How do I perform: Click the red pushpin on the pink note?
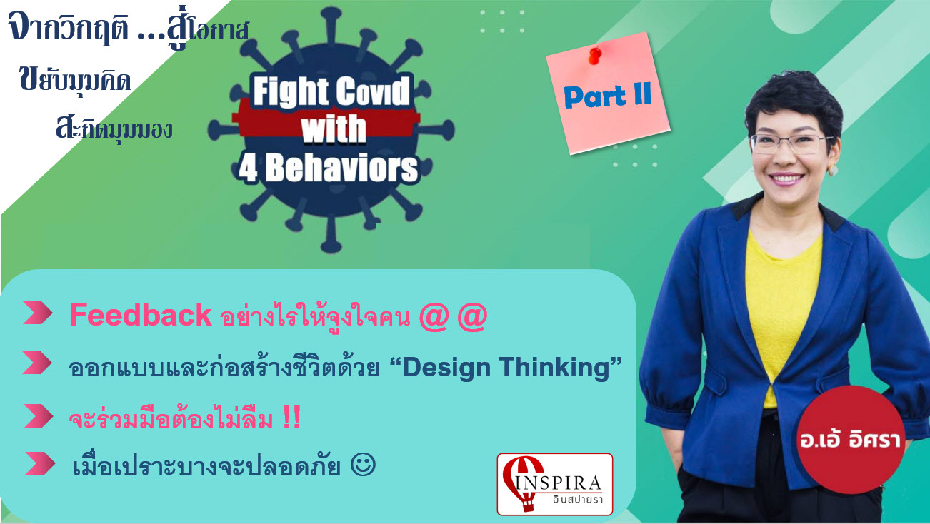click(x=595, y=56)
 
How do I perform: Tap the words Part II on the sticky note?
click(x=607, y=96)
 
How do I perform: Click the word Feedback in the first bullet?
click(x=141, y=315)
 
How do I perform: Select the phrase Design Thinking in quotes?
click(x=506, y=367)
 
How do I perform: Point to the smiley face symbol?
click(x=364, y=465)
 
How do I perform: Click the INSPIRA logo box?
click(x=555, y=484)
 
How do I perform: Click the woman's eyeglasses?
click(x=790, y=144)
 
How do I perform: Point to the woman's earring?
click(x=833, y=170)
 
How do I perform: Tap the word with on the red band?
click(x=334, y=129)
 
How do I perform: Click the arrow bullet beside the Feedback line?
click(x=38, y=313)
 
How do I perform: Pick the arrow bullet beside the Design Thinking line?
click(x=37, y=363)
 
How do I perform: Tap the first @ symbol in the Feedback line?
click(x=434, y=317)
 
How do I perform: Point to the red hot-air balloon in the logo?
click(x=521, y=481)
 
